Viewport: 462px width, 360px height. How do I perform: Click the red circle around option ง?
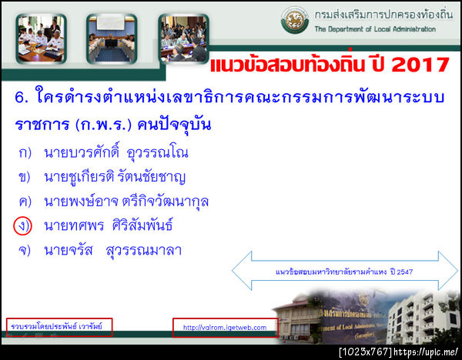(22, 227)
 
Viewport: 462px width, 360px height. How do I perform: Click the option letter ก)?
(24, 153)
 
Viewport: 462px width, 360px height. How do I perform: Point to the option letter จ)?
(24, 251)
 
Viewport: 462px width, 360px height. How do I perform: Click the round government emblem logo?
(294, 20)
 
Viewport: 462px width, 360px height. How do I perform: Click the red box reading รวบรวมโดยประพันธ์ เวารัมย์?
(59, 327)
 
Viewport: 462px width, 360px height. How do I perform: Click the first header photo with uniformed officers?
(41, 38)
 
